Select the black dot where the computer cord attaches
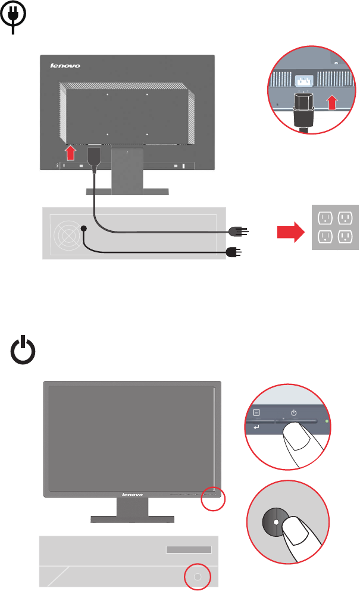click(84, 229)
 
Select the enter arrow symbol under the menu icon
click(256, 427)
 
